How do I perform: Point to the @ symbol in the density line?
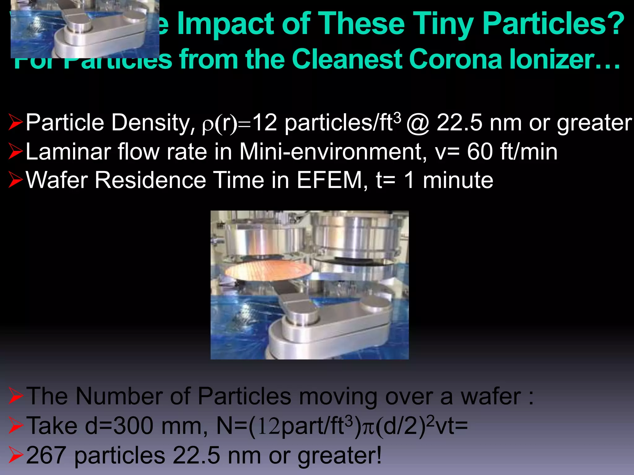click(418, 123)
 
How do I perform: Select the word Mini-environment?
click(333, 152)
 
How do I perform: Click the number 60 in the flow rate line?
click(480, 152)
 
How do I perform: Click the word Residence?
click(150, 180)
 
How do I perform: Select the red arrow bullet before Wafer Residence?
click(15, 180)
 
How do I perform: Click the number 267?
click(46, 455)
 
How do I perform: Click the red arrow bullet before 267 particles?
click(15, 455)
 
